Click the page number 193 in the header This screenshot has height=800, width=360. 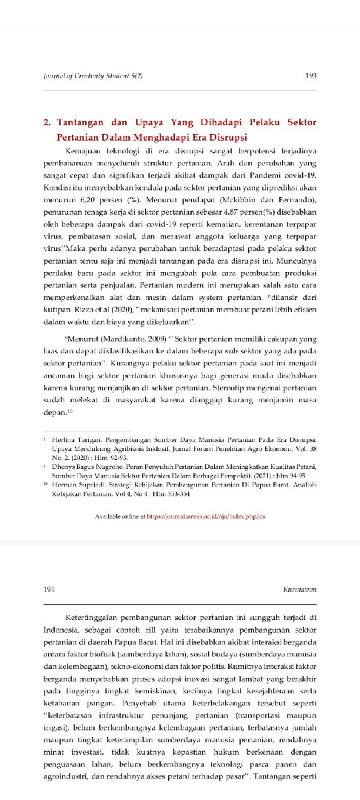pos(311,76)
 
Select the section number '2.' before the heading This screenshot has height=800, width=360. pos(46,124)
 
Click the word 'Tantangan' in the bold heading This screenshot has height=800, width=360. pos(83,124)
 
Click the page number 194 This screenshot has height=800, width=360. pos(50,588)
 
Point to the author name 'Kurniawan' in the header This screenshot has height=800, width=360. pos(301,588)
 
